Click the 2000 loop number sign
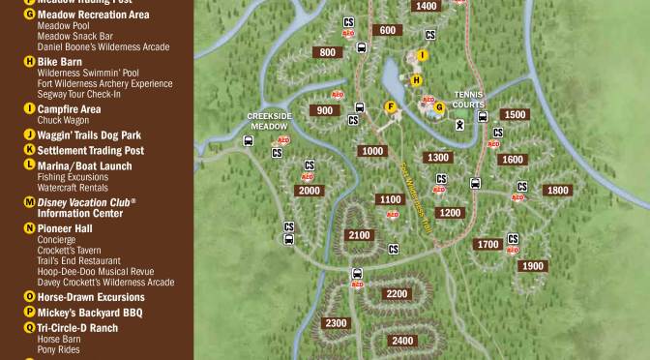click(x=309, y=191)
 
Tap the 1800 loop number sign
click(x=557, y=191)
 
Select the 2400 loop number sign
click(x=402, y=341)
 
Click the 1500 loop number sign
click(x=516, y=114)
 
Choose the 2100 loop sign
click(x=358, y=235)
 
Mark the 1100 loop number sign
click(x=390, y=199)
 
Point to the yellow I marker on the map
click(x=423, y=55)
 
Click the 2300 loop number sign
click(x=336, y=323)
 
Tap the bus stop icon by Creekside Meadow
click(x=249, y=140)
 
